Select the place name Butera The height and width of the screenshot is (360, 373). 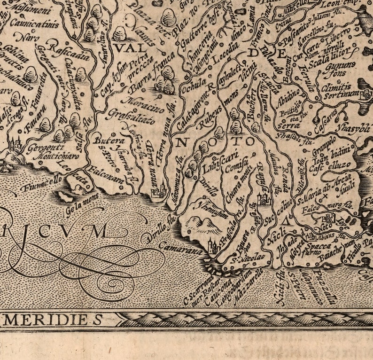point(103,140)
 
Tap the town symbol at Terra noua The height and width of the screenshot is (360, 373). point(159,190)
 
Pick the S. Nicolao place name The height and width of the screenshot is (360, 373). point(246,258)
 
